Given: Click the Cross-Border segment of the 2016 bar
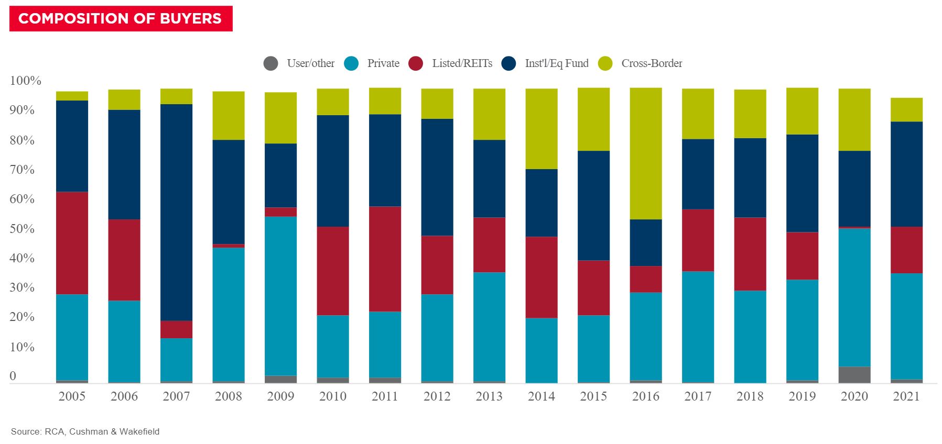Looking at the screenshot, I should click(645, 153).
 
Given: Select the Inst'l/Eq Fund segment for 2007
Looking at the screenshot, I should click(176, 212).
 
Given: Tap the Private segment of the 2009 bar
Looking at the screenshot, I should click(280, 296).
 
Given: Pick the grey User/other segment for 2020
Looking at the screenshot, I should click(854, 374).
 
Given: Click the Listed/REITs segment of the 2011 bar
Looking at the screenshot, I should click(385, 259).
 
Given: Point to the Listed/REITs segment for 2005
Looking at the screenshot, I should click(72, 243).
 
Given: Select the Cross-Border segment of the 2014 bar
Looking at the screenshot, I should click(542, 128).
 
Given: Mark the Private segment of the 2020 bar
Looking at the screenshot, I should click(854, 297).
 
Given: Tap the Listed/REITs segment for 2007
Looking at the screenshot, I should click(176, 329).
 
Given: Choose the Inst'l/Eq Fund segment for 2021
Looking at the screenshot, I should click(906, 174).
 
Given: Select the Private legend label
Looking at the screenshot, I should click(383, 63).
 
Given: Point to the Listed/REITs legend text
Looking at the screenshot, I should click(462, 63).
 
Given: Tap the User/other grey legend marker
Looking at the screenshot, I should click(270, 64).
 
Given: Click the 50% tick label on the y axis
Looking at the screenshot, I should click(22, 229).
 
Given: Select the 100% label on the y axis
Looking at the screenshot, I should click(25, 81).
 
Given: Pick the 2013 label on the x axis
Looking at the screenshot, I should click(489, 396).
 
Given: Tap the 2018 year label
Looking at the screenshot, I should click(750, 396).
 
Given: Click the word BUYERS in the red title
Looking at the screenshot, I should click(191, 19).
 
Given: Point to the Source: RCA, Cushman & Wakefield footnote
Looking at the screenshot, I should click(85, 431).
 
